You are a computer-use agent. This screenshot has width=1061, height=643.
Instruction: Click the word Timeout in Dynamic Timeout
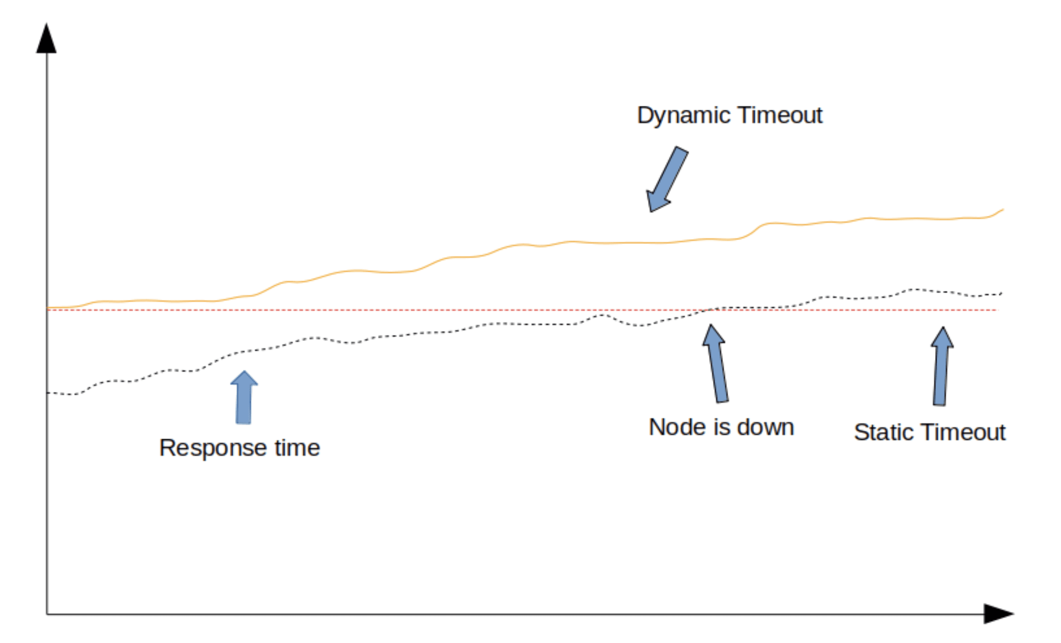[780, 115]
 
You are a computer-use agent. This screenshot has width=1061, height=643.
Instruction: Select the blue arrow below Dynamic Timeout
[667, 179]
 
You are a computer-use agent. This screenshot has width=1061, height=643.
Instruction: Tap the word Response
[212, 449]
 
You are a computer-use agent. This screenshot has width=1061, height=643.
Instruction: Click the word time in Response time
[297, 448]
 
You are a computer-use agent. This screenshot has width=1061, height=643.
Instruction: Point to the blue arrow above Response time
[244, 397]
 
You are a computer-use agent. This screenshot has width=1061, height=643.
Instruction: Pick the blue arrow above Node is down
[715, 363]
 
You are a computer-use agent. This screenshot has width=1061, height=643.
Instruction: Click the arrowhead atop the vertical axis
[46, 38]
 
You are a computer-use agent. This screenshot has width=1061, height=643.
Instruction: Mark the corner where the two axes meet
[47, 614]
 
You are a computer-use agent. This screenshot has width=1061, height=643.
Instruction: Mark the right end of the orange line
[1003, 210]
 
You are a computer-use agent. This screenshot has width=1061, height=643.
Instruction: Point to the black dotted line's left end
[47, 393]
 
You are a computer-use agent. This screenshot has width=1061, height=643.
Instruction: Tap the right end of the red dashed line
[997, 310]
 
